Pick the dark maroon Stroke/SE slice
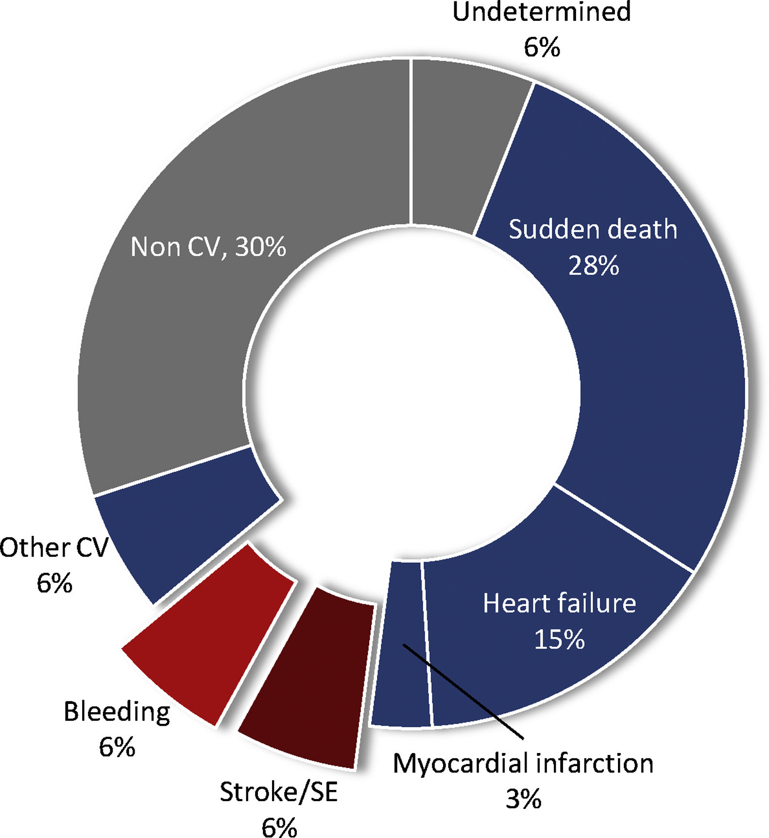coord(311,680)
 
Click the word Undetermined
coord(541,12)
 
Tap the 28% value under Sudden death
coord(594,265)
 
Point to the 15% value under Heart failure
coord(559,639)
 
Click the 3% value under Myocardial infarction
coord(523,798)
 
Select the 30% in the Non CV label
coord(260,247)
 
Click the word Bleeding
coord(117,712)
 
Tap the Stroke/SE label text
coord(278,792)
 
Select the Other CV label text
coord(53,548)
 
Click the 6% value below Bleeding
coord(117,747)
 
